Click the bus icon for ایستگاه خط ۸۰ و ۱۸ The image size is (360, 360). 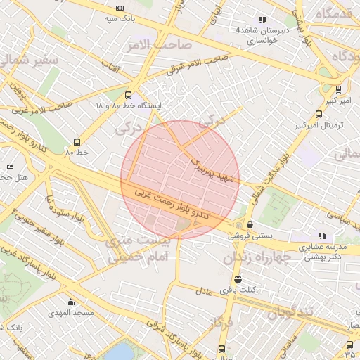click(x=127, y=95)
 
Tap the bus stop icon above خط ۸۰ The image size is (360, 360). click(x=77, y=141)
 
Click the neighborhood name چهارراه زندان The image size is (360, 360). click(x=257, y=258)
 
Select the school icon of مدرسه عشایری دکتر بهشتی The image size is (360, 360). click(x=322, y=236)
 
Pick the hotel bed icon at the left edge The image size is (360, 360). click(x=9, y=167)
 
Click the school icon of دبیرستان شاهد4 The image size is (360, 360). click(x=262, y=20)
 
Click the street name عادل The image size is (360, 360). click(x=203, y=290)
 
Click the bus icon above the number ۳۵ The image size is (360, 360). click(x=349, y=333)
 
